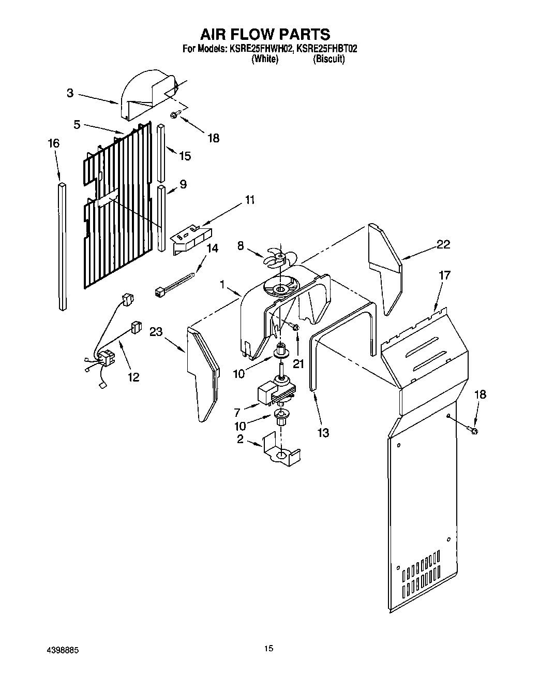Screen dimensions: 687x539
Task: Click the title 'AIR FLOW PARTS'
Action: pyautogui.click(x=265, y=34)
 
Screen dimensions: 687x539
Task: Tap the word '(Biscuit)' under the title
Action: pyautogui.click(x=328, y=59)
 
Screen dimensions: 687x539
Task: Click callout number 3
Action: pyautogui.click(x=69, y=93)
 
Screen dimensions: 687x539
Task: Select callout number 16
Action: pyautogui.click(x=53, y=143)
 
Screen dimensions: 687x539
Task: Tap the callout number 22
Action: pyautogui.click(x=443, y=244)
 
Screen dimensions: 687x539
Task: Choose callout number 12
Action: pyautogui.click(x=133, y=377)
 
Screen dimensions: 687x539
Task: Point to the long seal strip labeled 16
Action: pyautogui.click(x=63, y=246)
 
